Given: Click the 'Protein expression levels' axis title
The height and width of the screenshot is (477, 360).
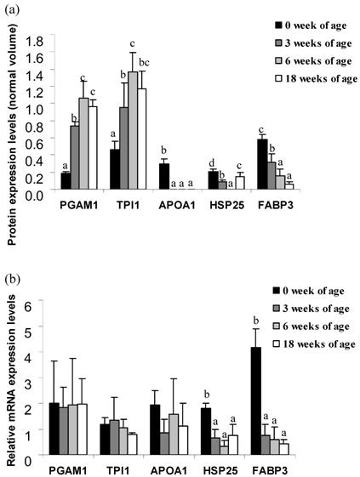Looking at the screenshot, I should [x=11, y=128].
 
